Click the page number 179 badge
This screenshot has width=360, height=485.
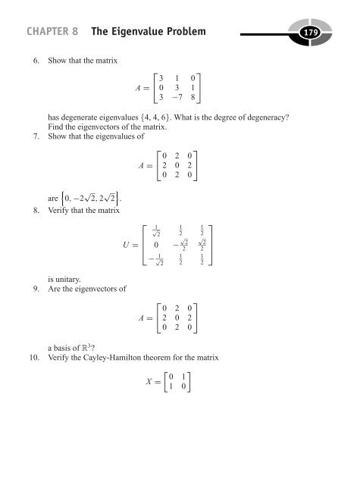tap(332, 32)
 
